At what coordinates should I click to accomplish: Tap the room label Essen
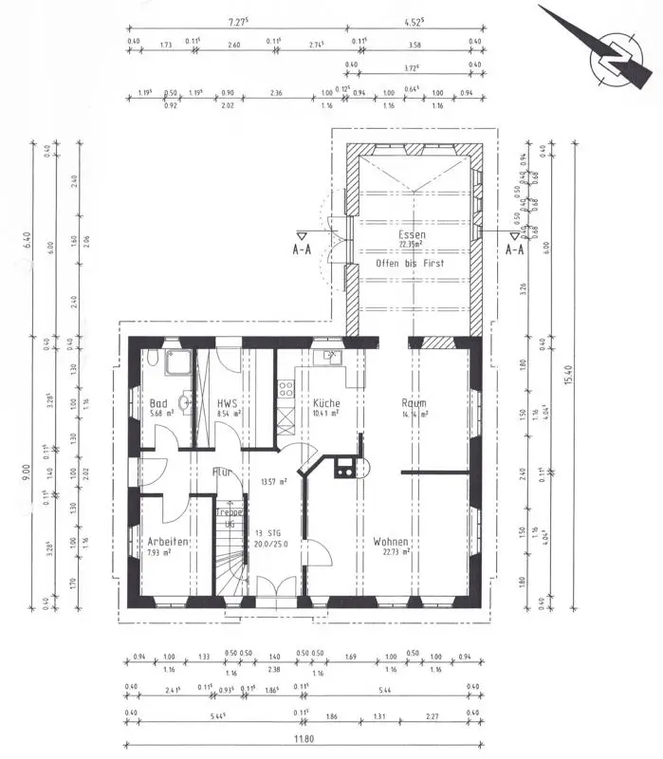click(x=413, y=234)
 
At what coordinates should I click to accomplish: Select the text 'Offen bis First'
click(x=410, y=262)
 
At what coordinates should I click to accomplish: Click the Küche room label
click(x=326, y=403)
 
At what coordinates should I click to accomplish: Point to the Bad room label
click(x=158, y=403)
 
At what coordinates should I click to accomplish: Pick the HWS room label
click(x=226, y=403)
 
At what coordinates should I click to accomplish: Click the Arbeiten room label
click(x=167, y=541)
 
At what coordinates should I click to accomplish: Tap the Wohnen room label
click(x=391, y=541)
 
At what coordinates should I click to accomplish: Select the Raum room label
click(x=414, y=403)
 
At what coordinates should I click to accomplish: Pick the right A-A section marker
click(x=515, y=249)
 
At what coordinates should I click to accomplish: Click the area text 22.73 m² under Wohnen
click(x=394, y=551)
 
